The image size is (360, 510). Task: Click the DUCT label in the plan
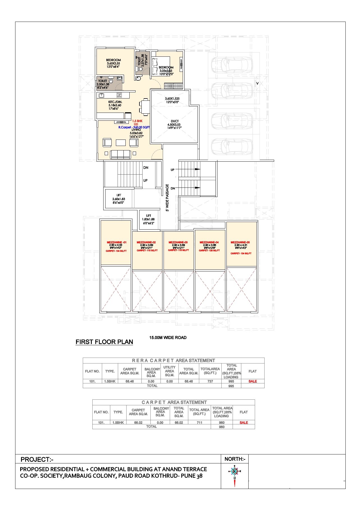pos(175,121)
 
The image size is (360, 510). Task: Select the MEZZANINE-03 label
pos(178,242)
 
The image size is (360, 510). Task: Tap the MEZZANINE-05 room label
pos(240,242)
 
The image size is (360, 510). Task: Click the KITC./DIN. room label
pos(115,102)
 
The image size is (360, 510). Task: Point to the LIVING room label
pos(136,130)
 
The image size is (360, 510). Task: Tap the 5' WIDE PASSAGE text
pos(167,198)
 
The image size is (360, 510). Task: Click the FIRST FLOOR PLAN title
pos(104,342)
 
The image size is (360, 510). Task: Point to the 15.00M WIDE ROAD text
pos(168,338)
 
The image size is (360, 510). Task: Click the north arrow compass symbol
pos(234,472)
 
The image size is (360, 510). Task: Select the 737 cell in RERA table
pos(210,381)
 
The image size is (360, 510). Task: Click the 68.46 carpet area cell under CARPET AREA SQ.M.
pos(130,381)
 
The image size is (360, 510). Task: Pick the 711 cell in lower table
pos(199,422)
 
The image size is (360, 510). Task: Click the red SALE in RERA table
pos(253,381)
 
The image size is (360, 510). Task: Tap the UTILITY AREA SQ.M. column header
pos(169,371)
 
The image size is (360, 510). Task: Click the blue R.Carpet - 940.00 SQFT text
pos(134,127)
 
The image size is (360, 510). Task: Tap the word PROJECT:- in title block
pos(37,459)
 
